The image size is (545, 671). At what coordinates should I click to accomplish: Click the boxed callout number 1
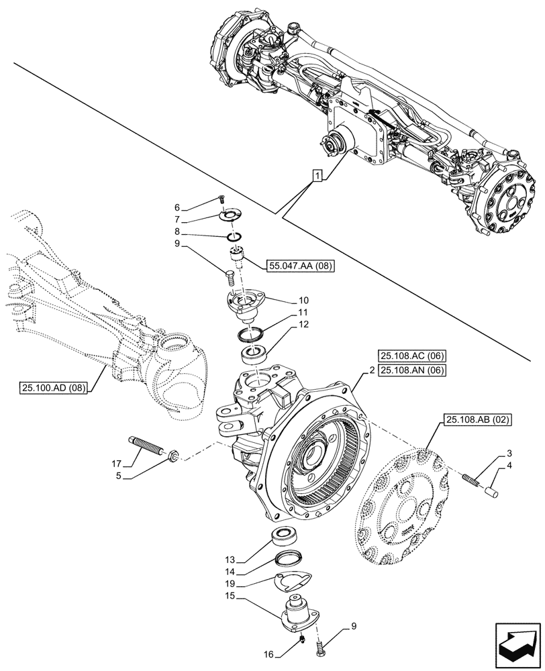click(317, 176)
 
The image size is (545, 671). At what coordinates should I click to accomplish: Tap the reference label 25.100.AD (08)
click(54, 387)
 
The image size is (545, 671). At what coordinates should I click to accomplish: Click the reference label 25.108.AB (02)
click(477, 421)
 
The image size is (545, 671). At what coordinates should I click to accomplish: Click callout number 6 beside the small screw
click(177, 208)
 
